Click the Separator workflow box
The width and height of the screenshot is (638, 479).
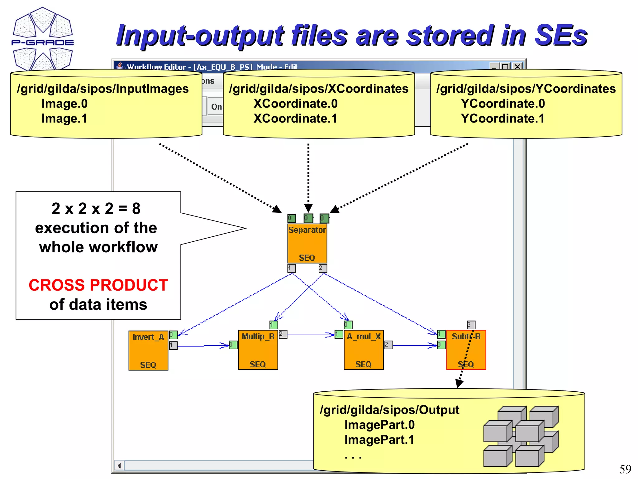coord(307,244)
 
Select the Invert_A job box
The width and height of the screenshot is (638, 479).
coord(148,351)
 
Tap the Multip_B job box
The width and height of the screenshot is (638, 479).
coord(258,350)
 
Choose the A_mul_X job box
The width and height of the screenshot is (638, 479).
coord(364,350)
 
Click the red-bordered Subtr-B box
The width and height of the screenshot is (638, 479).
coord(466,350)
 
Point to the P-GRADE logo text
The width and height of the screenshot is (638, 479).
coord(43,42)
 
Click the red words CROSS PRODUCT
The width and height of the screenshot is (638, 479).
coord(98,285)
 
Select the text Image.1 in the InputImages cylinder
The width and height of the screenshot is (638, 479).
coord(64,119)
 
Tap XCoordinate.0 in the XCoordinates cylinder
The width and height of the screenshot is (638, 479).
coord(295,104)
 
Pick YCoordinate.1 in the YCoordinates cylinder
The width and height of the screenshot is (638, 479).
coord(502,119)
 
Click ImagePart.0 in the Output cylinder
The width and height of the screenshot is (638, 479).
coord(379,425)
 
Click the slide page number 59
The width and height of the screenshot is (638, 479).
coord(625,469)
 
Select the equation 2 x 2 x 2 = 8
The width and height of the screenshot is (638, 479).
coord(96,208)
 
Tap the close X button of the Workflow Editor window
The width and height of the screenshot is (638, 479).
coord(517,66)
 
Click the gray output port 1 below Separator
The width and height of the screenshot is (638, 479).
coord(292,268)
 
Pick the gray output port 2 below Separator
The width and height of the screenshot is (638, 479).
coord(323,268)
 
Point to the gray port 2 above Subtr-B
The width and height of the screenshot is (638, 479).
coord(471,325)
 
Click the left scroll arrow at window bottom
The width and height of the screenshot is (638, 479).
coord(119,466)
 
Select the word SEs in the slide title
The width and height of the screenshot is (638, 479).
coord(560,35)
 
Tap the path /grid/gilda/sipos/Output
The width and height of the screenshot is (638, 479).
coord(389,410)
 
